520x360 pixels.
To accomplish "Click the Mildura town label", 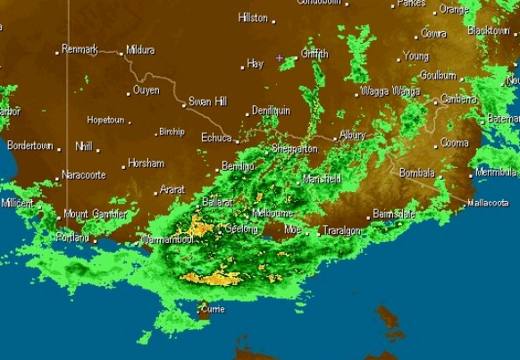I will [141, 50].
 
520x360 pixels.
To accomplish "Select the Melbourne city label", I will [273, 213].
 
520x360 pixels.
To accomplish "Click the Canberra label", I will [459, 99].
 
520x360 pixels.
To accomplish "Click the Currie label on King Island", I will [212, 308].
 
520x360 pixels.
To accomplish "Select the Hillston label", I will [253, 18].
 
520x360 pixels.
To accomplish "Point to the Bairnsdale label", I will [395, 214].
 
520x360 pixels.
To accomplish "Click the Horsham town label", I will [146, 163].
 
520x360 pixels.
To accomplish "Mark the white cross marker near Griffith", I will [280, 58].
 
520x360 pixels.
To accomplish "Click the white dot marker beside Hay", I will [242, 66].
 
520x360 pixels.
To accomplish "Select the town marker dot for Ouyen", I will [129, 92].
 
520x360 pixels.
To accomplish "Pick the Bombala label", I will [416, 172].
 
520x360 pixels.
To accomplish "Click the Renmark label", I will [80, 49].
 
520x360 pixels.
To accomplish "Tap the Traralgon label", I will [341, 230].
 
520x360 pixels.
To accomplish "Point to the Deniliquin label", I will [271, 110].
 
